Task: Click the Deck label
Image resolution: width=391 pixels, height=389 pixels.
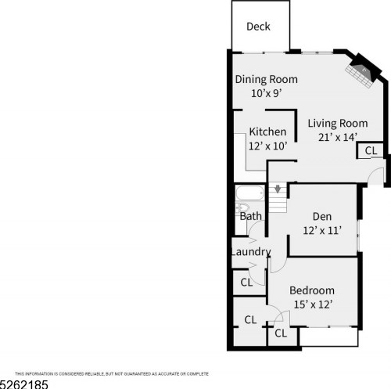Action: [258, 27]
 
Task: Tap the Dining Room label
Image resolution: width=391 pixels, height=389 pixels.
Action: [267, 80]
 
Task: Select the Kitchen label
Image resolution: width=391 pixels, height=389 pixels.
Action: [267, 131]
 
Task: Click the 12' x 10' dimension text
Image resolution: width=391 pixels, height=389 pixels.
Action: [267, 146]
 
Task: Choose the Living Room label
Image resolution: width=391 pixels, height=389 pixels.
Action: [337, 123]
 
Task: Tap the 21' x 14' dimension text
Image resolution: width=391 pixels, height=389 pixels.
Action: [337, 137]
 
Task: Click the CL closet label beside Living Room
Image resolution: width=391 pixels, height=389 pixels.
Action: [371, 150]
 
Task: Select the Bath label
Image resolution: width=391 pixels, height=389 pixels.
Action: [250, 216]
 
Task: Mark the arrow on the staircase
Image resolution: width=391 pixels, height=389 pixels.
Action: [278, 189]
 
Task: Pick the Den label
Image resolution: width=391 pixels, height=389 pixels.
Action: [322, 217]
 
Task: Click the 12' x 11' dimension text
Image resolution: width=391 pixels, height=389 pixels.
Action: [322, 230]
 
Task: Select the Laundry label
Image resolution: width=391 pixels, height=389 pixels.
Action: [250, 252]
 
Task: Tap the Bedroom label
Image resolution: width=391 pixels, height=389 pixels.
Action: [312, 290]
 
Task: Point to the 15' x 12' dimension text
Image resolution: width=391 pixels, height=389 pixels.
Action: [312, 304]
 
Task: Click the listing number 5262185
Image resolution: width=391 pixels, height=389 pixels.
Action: [24, 384]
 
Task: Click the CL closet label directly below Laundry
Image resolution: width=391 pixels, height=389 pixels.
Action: [246, 282]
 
